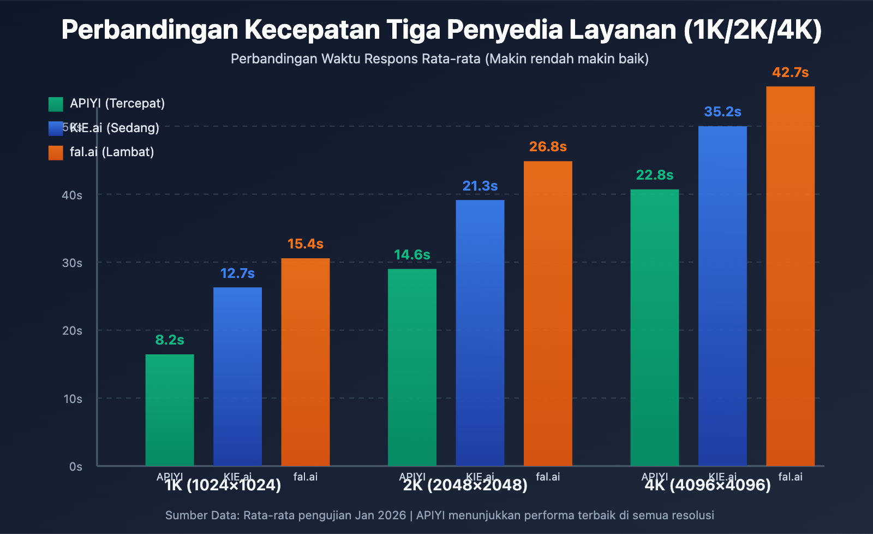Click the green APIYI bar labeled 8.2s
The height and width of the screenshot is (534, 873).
coord(170,410)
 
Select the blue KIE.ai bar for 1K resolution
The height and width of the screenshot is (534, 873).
coord(237,376)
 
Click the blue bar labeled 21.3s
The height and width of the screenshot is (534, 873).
coord(480,333)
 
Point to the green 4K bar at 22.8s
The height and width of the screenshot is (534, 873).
coord(655,327)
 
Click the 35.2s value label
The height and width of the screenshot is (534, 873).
coord(722,112)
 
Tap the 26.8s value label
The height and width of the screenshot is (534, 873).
coord(548,147)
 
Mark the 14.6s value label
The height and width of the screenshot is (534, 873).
coord(412,255)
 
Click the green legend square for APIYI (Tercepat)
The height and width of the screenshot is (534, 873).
coord(56,104)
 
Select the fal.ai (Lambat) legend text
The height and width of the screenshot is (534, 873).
coord(112,152)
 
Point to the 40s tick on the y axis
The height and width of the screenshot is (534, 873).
coord(72,195)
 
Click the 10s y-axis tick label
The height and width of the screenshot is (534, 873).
coord(73,399)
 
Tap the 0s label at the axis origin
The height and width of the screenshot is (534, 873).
coord(76,466)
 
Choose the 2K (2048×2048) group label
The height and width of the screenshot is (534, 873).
coord(465,485)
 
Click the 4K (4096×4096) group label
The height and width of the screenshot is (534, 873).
coord(708,485)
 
